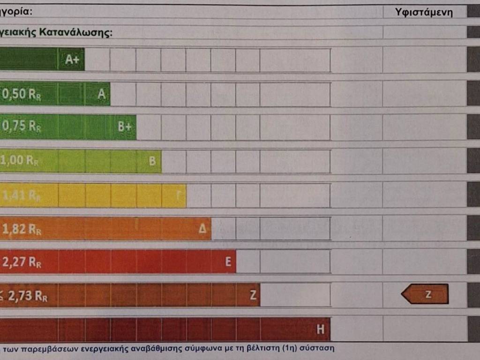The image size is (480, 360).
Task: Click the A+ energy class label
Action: click(x=72, y=60)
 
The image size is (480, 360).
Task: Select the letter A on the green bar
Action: click(x=101, y=94)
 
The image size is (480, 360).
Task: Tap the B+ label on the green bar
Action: click(x=125, y=127)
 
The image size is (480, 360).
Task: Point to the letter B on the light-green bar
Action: click(x=152, y=161)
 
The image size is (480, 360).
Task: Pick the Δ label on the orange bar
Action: click(x=202, y=229)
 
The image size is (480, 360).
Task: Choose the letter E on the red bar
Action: click(x=228, y=262)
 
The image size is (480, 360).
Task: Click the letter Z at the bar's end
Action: click(x=253, y=295)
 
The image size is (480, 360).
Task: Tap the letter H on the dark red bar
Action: click(x=321, y=330)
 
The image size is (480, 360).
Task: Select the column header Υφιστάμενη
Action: click(x=424, y=13)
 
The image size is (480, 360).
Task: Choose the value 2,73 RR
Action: click(x=23, y=296)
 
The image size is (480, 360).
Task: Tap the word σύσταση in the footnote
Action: click(x=320, y=349)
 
